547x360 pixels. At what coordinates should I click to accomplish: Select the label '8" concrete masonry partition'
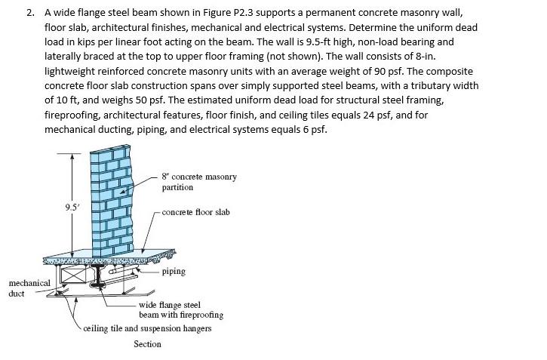pos(198,182)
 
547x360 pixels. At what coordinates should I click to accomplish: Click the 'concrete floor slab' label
pos(195,212)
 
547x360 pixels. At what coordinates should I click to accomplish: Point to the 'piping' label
pos(173,271)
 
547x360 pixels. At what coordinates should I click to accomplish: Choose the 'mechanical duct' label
pos(29,288)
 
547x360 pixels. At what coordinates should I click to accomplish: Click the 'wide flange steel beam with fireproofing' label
pos(181,309)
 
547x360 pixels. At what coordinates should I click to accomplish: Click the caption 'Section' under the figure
pos(147,344)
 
